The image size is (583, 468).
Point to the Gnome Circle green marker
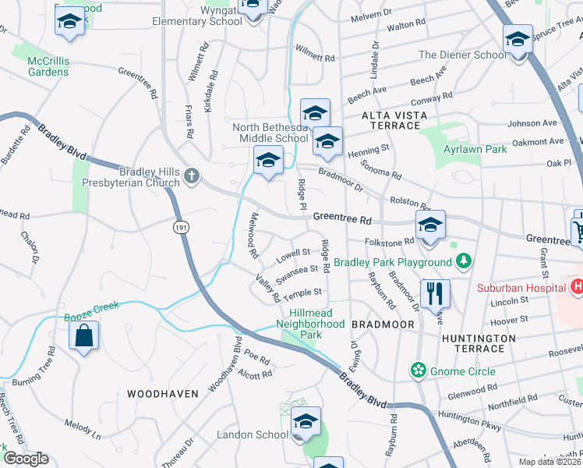(419, 369)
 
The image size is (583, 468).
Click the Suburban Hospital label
(521, 287)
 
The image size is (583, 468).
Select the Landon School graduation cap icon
(306, 422)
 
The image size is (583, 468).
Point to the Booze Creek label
(91, 307)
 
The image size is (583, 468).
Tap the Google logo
(26, 458)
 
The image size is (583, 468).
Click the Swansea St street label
(297, 271)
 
